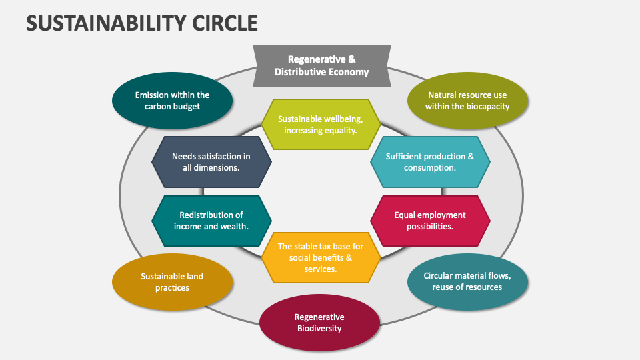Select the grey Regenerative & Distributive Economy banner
point(321,65)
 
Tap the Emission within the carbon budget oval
point(172,101)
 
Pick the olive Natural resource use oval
point(467,101)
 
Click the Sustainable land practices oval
point(172,282)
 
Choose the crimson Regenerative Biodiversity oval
point(319,323)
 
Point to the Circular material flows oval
point(467,281)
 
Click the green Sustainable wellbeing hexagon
point(321,125)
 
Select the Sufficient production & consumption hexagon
point(430,162)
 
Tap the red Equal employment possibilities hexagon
point(430,221)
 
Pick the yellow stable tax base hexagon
point(321,257)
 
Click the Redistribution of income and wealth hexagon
point(211,221)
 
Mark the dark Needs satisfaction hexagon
point(211,162)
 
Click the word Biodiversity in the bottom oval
point(319,328)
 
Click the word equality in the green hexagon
point(339,130)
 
